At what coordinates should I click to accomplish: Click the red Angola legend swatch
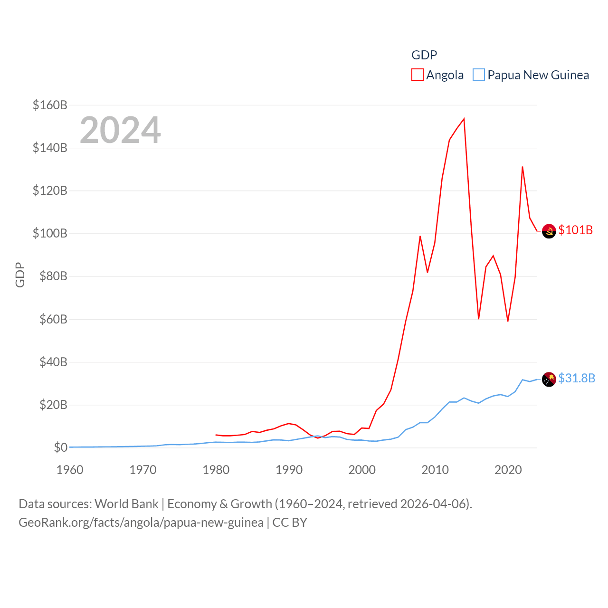pos(417,75)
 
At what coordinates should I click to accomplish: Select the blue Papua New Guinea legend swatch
pos(479,75)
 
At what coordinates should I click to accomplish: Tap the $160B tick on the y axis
pos(50,105)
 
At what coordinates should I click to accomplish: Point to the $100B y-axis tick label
pos(50,233)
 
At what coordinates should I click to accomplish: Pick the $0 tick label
pos(60,447)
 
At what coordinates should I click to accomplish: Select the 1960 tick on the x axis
pos(70,470)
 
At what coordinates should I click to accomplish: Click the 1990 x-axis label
pos(289,470)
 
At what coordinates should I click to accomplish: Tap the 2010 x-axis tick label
pos(435,470)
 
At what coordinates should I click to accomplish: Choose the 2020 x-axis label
pos(508,470)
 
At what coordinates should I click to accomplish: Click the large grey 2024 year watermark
pos(120,130)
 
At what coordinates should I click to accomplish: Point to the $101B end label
pos(575,230)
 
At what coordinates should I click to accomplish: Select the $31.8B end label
pos(577,378)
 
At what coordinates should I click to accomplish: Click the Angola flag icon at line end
pos(549,231)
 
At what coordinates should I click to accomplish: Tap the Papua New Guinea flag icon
pos(549,380)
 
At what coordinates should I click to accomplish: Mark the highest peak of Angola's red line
pos(464,119)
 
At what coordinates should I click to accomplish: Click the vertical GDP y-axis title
pos(20,275)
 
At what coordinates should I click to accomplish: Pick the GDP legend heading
pos(424,55)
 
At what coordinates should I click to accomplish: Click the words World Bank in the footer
pos(126,503)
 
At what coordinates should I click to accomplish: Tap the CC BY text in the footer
pos(290,522)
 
